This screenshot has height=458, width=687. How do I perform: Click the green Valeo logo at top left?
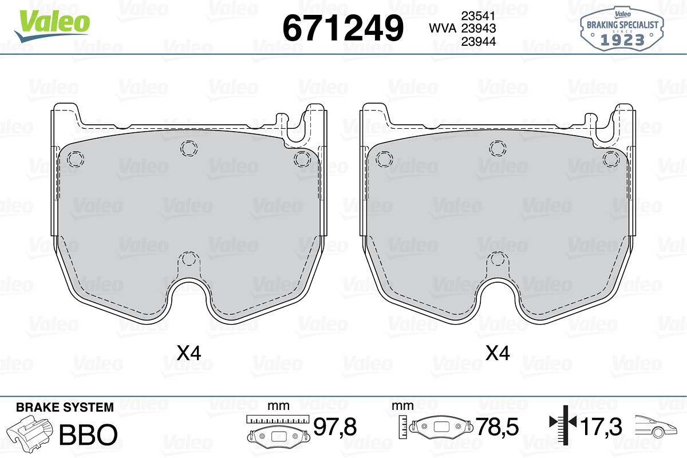coord(52,26)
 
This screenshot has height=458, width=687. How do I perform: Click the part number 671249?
coord(343,28)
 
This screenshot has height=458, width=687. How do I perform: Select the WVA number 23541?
coord(479,15)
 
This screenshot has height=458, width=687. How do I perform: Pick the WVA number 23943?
coord(479,28)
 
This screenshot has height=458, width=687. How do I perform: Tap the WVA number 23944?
coord(479,41)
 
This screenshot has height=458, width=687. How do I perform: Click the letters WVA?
coord(443,28)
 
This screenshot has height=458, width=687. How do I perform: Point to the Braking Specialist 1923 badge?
coord(622,29)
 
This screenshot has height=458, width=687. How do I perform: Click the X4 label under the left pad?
coord(189,353)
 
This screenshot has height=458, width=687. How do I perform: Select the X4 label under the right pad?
coord(498,353)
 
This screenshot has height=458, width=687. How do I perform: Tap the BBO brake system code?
coord(88,435)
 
